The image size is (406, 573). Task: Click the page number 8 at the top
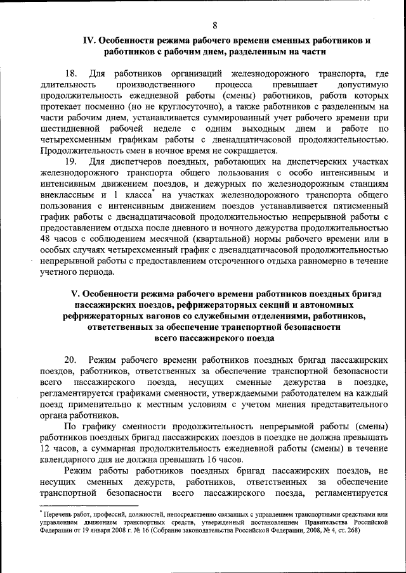[215, 25]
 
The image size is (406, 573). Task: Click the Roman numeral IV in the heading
[89, 41]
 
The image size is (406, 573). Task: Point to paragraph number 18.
[71, 73]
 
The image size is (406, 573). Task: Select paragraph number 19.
[71, 161]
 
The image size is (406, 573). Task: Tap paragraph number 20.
[71, 360]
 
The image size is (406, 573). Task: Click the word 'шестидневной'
[72, 129]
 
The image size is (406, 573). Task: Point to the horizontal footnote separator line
[82, 505]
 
